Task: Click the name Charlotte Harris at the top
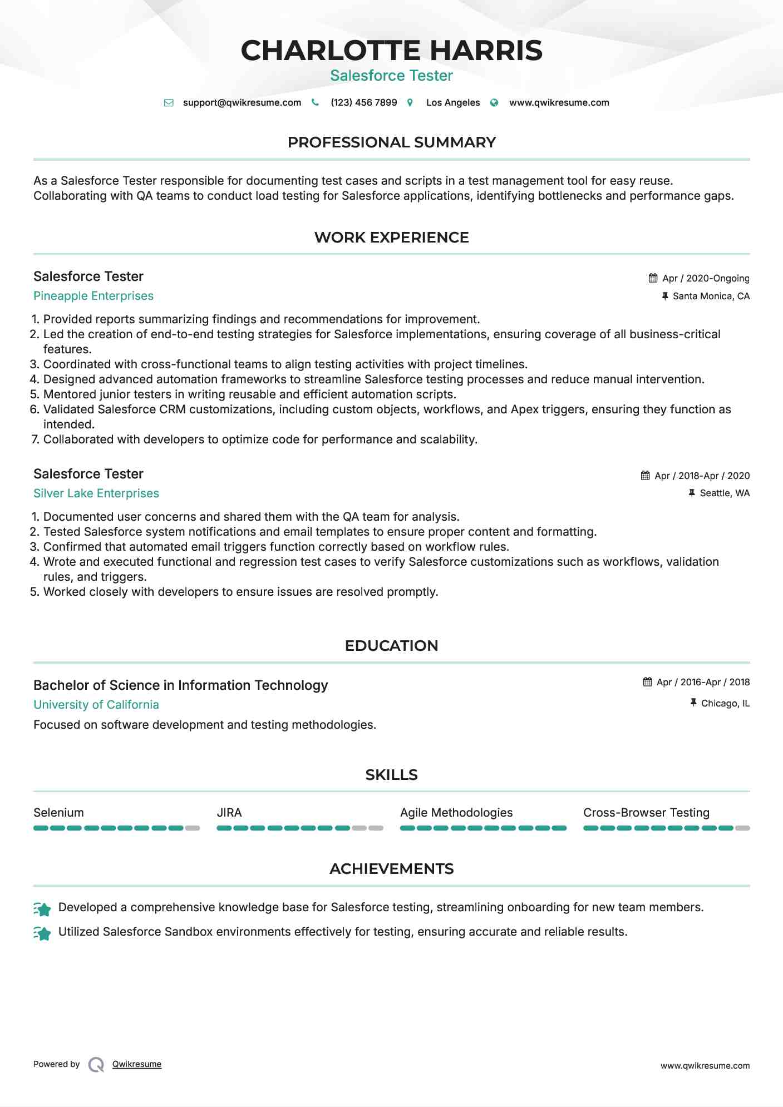(x=391, y=51)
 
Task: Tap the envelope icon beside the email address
(x=169, y=103)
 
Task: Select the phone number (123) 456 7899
(x=363, y=103)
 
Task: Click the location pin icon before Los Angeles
(x=410, y=103)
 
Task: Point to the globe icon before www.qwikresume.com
(x=494, y=103)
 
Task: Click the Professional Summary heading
(x=391, y=142)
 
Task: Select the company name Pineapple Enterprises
(x=93, y=296)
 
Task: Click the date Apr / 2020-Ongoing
(x=706, y=278)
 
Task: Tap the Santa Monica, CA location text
(x=711, y=296)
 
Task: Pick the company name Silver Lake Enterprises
(x=96, y=493)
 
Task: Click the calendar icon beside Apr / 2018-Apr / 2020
(x=645, y=476)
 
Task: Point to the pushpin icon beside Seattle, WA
(x=692, y=493)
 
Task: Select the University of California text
(x=96, y=705)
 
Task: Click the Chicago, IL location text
(x=725, y=704)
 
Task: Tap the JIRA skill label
(x=229, y=813)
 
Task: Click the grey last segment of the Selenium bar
(x=193, y=828)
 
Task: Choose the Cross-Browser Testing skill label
(x=646, y=813)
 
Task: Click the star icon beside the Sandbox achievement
(x=42, y=933)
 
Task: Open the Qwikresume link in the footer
(x=137, y=1064)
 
